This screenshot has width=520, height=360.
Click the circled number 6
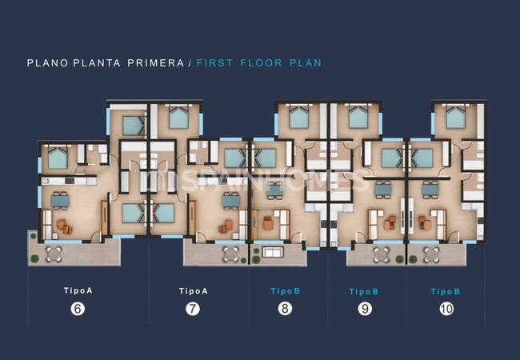tap(78, 309)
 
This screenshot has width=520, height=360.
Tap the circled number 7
tap(193, 309)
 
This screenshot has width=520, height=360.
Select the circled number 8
tap(285, 309)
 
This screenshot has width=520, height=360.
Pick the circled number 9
tap(365, 309)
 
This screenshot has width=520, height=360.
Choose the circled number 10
tap(446, 309)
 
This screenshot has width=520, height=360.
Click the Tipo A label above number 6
tap(78, 290)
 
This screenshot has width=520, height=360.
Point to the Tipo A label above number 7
tap(194, 291)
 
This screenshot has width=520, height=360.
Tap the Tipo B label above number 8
tap(286, 291)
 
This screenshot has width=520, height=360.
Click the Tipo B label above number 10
tap(446, 291)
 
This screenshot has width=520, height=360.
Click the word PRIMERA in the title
tap(156, 63)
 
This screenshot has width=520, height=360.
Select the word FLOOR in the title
tap(262, 63)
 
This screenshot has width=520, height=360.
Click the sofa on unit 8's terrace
tap(273, 252)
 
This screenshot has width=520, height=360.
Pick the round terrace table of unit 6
tap(54, 254)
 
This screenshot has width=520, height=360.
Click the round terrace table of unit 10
tap(431, 254)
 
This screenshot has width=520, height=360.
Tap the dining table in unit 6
tap(60, 201)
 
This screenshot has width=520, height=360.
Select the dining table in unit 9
tap(383, 190)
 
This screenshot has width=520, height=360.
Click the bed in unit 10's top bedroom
tap(456, 117)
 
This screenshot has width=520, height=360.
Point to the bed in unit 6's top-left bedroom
tap(58, 158)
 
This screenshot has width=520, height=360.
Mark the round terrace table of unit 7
tap(231, 254)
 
